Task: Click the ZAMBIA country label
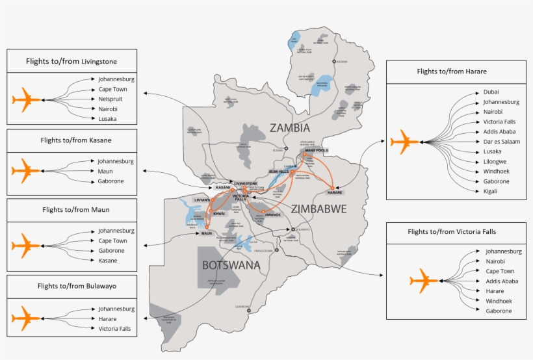point(290,127)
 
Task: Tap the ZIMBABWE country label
point(319,209)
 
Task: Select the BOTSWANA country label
point(231,265)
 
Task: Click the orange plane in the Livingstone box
point(27,99)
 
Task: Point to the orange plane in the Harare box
point(405,141)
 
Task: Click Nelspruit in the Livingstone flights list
point(110,99)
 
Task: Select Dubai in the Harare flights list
point(491,92)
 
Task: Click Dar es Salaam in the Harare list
point(502,141)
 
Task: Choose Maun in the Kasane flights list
point(105,171)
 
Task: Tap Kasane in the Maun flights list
point(108,261)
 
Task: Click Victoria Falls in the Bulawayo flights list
point(114,329)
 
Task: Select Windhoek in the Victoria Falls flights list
point(499,301)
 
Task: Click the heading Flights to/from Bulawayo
point(71,285)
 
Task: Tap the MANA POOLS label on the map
point(317,150)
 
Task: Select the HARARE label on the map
point(334,192)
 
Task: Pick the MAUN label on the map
point(207,233)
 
